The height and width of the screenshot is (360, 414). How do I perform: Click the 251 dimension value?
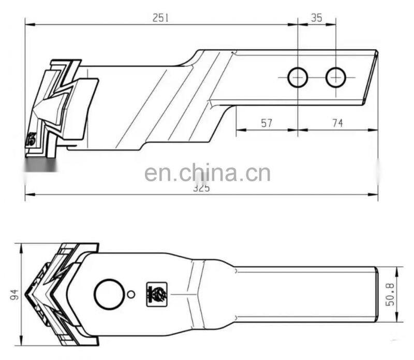tap(160, 17)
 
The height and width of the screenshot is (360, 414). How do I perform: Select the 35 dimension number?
tap(317, 17)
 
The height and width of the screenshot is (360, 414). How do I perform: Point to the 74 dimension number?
tap(337, 123)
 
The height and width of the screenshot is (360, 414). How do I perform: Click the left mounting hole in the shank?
tap(298, 78)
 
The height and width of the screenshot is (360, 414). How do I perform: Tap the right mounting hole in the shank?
tap(335, 78)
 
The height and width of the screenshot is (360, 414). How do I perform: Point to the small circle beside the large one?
tap(131, 294)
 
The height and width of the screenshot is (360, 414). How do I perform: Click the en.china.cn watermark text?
tap(207, 173)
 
